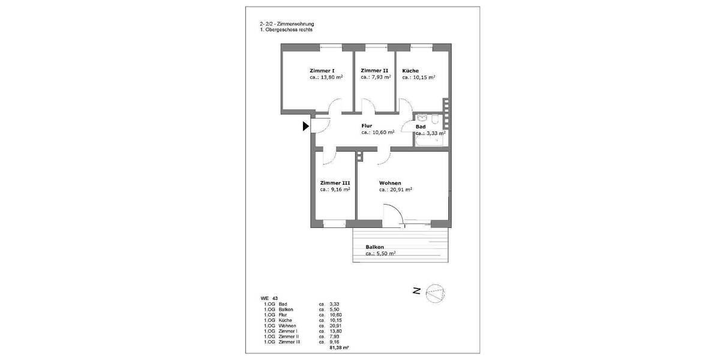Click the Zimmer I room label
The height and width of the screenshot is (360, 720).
pos(322,70)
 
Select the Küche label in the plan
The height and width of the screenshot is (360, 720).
pos(410,70)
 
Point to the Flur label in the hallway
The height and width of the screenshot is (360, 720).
pos(367,125)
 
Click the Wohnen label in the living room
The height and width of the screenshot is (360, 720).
pos(390,183)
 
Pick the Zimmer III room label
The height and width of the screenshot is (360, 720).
pos(335,183)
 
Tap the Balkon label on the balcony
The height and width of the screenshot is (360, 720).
pos(374,247)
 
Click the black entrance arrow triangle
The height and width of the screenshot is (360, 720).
pos(306,126)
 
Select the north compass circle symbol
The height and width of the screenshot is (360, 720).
pos(436,293)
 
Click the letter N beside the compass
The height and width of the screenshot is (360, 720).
pos(416,292)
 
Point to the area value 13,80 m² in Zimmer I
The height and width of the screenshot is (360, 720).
pos(331,77)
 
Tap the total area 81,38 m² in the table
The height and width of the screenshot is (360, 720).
pos(340,347)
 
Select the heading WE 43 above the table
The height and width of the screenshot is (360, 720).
pos(269,298)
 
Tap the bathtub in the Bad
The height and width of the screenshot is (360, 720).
pos(430,140)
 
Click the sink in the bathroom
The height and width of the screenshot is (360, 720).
pos(422,118)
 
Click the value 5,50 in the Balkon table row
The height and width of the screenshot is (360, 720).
pos(335,310)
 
